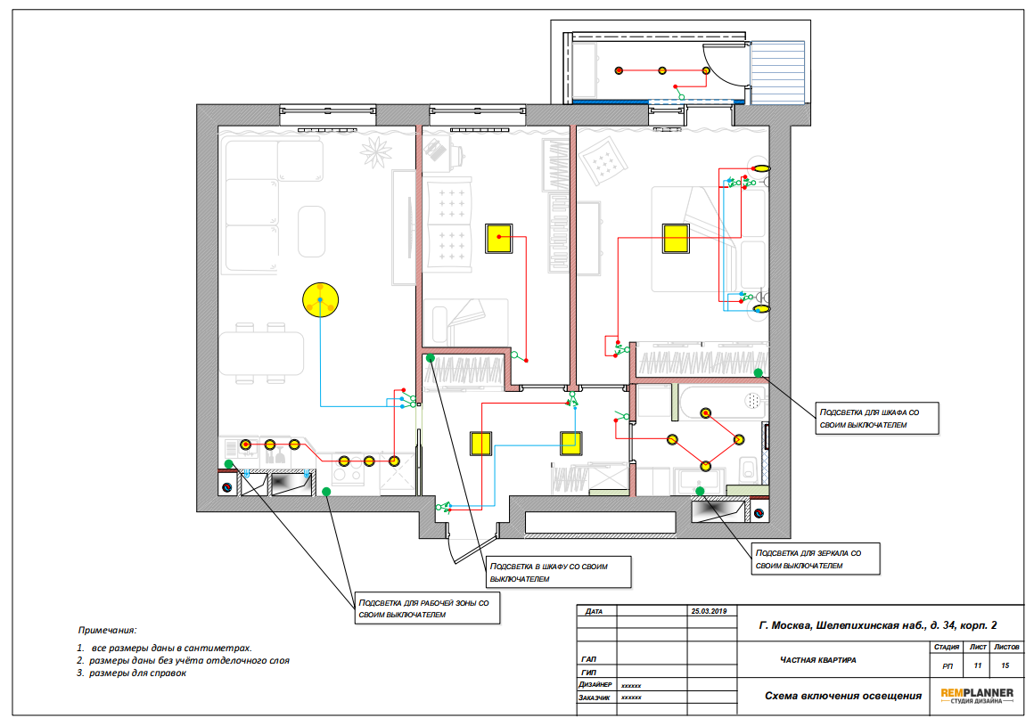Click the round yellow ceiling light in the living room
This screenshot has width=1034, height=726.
[x=321, y=300]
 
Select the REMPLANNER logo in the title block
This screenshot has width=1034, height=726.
[x=977, y=696]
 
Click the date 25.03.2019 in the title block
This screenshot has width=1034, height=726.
[x=709, y=611]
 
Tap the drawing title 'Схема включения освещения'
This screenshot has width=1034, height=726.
[x=842, y=696]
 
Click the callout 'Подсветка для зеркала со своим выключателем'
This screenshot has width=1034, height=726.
[x=816, y=559]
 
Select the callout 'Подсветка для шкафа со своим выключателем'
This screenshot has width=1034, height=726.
[x=877, y=419]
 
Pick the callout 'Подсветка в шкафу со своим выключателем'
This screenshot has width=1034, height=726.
[x=559, y=572]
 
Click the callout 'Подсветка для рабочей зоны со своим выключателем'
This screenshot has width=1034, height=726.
[x=427, y=608]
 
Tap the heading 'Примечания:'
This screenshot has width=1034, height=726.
[x=108, y=631]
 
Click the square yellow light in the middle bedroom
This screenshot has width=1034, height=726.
[x=499, y=239]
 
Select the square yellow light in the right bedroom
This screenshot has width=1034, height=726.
[x=676, y=239]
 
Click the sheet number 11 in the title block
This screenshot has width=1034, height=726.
[x=977, y=665]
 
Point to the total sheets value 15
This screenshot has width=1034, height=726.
[x=1005, y=665]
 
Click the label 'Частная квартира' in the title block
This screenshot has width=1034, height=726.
[x=817, y=659]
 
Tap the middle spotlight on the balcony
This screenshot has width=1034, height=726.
[x=662, y=70]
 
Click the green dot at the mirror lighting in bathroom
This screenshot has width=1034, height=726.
[x=700, y=491]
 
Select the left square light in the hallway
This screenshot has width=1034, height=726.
[x=480, y=444]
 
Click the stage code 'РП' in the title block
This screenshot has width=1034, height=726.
[x=948, y=666]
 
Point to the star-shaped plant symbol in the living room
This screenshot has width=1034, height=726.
[x=376, y=152]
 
